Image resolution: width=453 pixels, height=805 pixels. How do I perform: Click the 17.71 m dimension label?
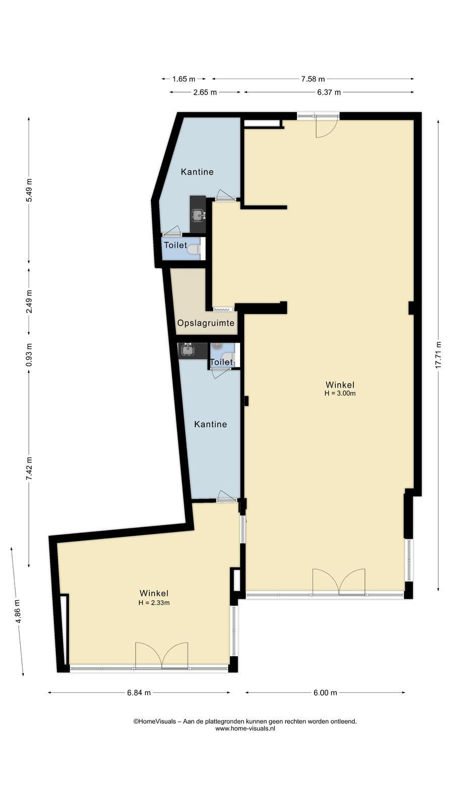[x=438, y=354]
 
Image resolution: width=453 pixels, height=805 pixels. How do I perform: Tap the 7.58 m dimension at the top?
[x=313, y=78]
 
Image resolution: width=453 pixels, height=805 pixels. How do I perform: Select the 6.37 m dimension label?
[x=329, y=93]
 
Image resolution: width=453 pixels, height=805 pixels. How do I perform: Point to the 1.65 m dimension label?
[x=184, y=78]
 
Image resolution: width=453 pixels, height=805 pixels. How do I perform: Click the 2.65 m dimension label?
[x=205, y=93]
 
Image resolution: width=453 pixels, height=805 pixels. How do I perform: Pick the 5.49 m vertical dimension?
[x=29, y=190]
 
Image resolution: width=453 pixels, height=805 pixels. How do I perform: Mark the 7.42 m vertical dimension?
[x=29, y=468]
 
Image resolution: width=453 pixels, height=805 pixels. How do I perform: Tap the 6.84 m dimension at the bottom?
[x=139, y=692]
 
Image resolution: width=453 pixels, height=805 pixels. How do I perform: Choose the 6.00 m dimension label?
[x=325, y=692]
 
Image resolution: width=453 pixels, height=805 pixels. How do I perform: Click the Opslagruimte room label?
[x=206, y=323]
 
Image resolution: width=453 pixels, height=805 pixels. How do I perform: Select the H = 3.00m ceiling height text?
[x=340, y=393]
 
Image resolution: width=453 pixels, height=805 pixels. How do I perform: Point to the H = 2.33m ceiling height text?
[x=154, y=603]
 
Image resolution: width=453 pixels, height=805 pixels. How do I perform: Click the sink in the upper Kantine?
[x=198, y=215]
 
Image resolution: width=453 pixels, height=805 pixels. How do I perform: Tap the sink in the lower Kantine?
[x=188, y=350]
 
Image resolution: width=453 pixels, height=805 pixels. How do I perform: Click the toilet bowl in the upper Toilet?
[x=194, y=249]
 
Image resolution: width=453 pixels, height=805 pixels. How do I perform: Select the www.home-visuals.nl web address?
[x=245, y=729]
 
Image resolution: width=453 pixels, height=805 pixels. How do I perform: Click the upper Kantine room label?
[x=197, y=172]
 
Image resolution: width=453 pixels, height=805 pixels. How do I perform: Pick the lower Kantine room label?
[x=210, y=424]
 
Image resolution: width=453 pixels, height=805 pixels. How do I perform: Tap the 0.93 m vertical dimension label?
[x=29, y=355]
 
